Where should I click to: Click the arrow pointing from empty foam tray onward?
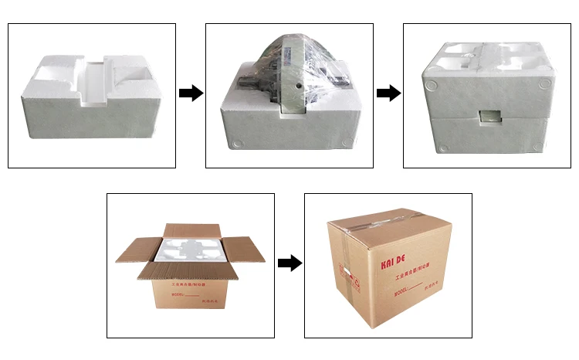point(191,93)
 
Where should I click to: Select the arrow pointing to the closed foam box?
point(389,93)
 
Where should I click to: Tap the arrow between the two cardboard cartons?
point(289,263)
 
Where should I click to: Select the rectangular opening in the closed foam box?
point(489,116)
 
